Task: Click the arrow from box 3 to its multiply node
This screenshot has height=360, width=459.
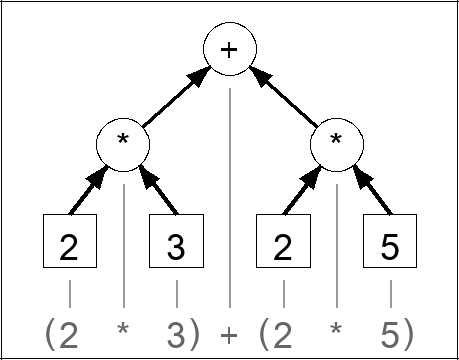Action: tap(158, 191)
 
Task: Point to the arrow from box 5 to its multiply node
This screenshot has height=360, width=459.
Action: tap(373, 191)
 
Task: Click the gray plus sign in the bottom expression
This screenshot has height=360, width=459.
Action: tap(229, 332)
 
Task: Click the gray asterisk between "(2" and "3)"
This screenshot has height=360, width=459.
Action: tap(123, 330)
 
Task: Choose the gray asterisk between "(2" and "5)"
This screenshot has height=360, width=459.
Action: tap(337, 330)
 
